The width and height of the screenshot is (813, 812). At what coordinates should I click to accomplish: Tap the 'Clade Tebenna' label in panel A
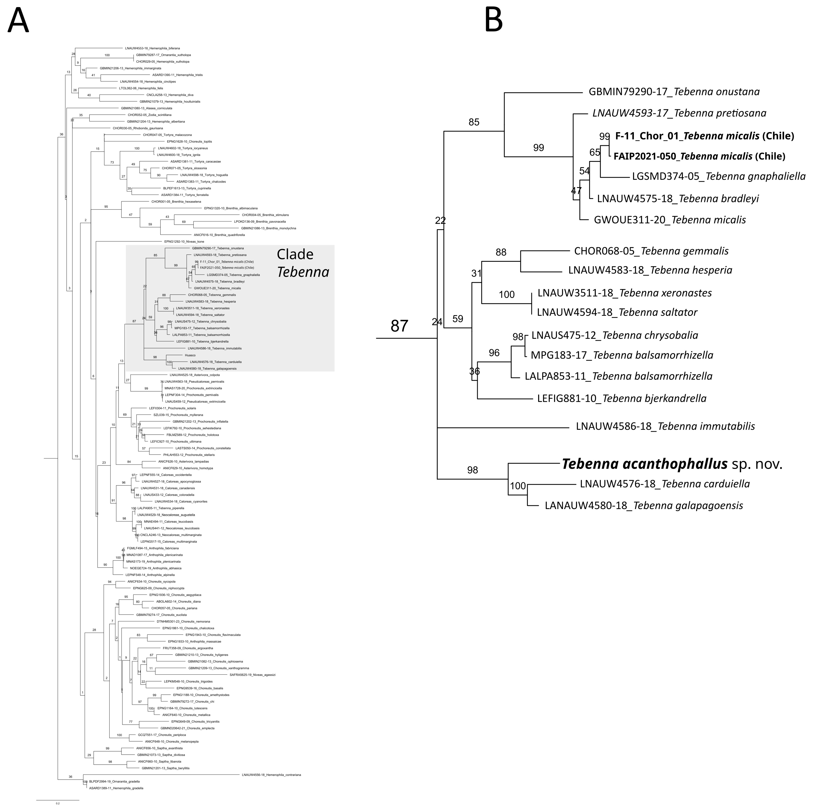pos(303,263)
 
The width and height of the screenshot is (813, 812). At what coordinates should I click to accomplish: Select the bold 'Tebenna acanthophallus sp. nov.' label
pos(672,464)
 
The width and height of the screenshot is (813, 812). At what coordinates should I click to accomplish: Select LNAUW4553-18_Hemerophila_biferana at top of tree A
pos(152,48)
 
